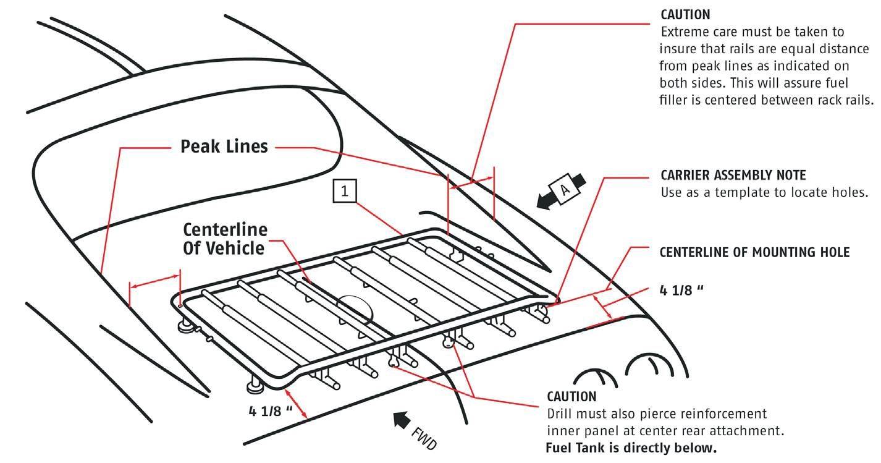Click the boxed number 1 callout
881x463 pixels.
pyautogui.click(x=345, y=192)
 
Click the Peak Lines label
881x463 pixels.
pyautogui.click(x=224, y=147)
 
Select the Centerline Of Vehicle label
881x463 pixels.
pyautogui.click(x=226, y=239)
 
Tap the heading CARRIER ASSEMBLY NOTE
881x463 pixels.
pyautogui.click(x=733, y=176)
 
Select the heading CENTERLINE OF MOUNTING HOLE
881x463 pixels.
pyautogui.click(x=754, y=252)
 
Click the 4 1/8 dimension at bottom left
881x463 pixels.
pyautogui.click(x=271, y=410)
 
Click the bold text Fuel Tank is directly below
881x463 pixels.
pyautogui.click(x=631, y=448)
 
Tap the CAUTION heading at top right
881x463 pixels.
pyautogui.click(x=685, y=14)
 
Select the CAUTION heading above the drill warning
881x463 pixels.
pyautogui.click(x=571, y=396)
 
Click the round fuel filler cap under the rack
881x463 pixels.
pyautogui.click(x=355, y=307)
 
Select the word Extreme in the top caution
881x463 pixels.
pyautogui.click(x=683, y=32)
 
